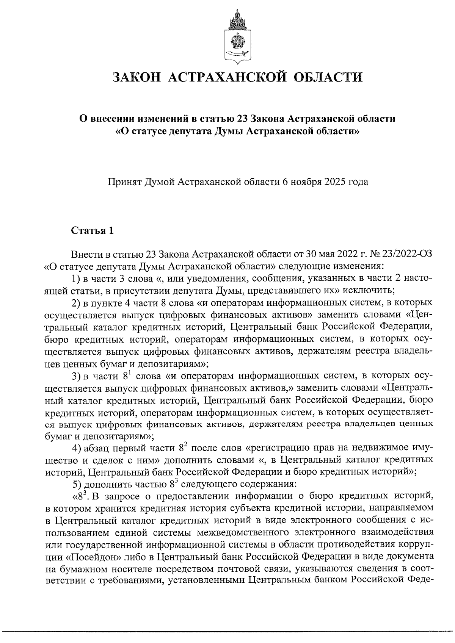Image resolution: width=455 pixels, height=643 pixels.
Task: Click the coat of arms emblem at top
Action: [x=238, y=35]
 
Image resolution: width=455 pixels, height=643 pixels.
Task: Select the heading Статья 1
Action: [x=92, y=230]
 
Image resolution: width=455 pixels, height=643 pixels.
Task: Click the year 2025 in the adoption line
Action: [x=334, y=182]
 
